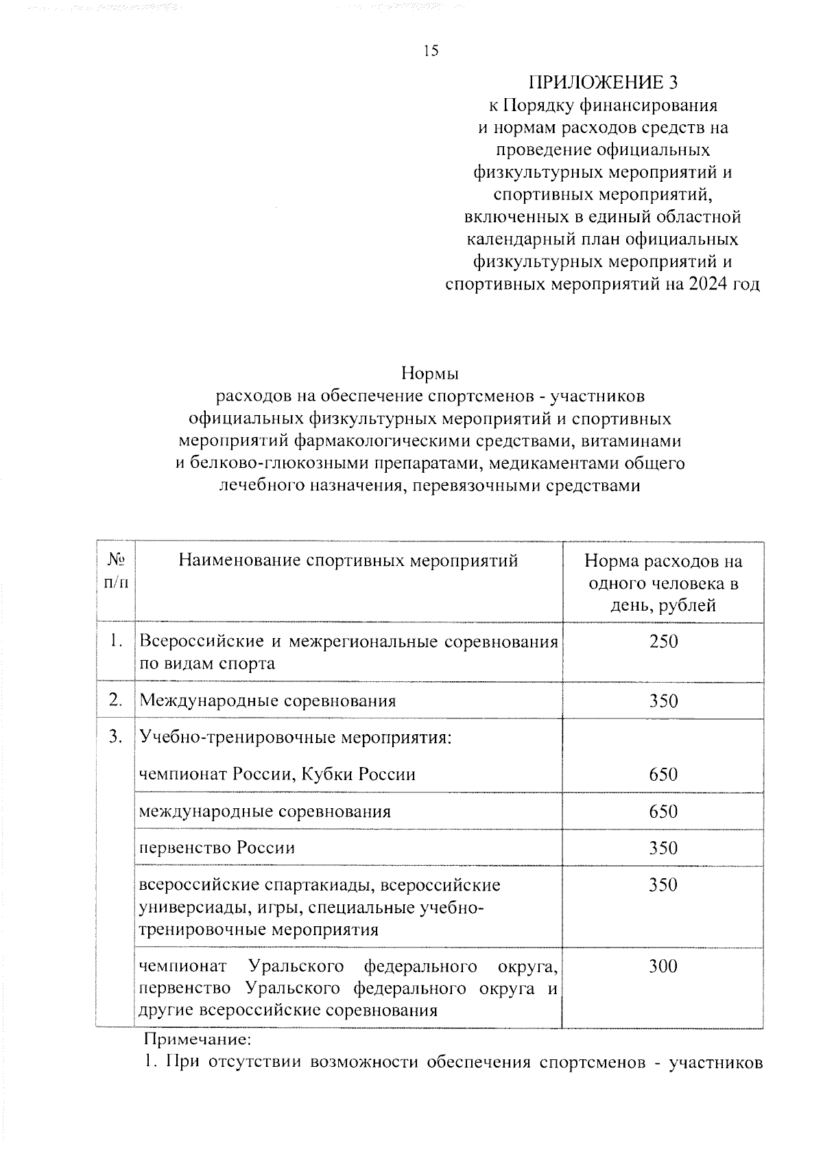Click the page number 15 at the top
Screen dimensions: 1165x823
pyautogui.click(x=431, y=51)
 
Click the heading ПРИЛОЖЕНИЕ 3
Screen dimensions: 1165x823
pyautogui.click(x=603, y=82)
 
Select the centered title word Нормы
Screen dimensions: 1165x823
pyautogui.click(x=430, y=374)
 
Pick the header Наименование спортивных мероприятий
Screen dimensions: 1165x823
pyautogui.click(x=348, y=561)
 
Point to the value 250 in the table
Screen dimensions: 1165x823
pyautogui.click(x=663, y=642)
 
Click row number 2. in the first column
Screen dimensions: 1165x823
pyautogui.click(x=116, y=700)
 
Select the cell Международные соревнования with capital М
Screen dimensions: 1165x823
pyautogui.click(x=268, y=701)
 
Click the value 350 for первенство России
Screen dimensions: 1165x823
pyautogui.click(x=663, y=848)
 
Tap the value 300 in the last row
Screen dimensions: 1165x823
pyautogui.click(x=663, y=966)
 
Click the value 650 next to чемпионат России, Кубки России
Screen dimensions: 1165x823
pyautogui.click(x=663, y=775)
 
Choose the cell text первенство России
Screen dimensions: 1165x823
pyautogui.click(x=217, y=847)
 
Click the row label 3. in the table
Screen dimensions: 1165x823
pyautogui.click(x=116, y=737)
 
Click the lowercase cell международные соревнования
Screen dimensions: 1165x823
pyautogui.click(x=265, y=812)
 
